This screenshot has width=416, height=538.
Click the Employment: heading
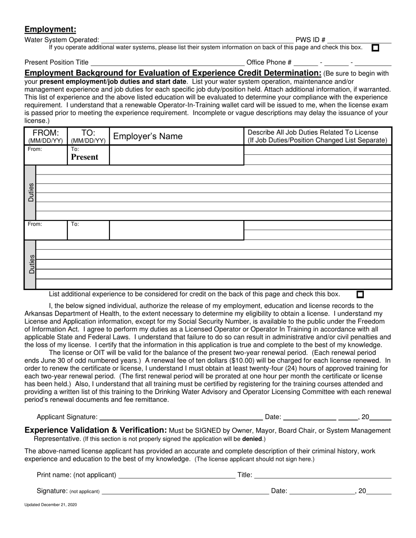click(50, 29)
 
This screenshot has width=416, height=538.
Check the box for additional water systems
click(375, 48)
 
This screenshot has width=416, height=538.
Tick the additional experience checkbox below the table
click(360, 295)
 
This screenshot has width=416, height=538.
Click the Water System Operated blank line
click(197, 40)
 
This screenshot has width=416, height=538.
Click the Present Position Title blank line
click(167, 63)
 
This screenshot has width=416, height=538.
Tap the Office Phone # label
click(269, 63)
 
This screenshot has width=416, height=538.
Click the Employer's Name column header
click(148, 136)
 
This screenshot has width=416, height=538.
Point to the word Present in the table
click(85, 157)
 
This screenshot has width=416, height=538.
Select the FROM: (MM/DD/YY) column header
click(46, 136)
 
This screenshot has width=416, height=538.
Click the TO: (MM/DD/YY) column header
click(88, 136)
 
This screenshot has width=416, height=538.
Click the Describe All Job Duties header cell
click(317, 136)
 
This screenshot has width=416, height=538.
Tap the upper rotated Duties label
click(31, 192)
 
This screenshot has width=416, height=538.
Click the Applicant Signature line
click(180, 417)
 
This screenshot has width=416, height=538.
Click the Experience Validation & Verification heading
click(95, 430)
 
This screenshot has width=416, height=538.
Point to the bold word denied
click(252, 439)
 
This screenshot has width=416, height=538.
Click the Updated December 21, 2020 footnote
click(51, 505)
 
